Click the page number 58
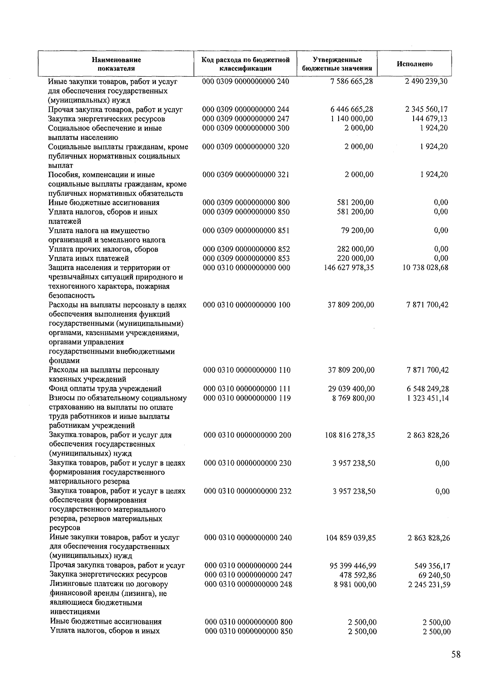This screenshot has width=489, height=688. tap(456, 655)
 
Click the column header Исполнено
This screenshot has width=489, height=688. tap(414, 64)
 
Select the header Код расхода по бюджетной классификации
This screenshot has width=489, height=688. tap(245, 64)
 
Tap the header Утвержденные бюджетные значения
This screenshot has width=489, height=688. tap(337, 64)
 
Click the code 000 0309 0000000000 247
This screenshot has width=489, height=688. tap(246, 119)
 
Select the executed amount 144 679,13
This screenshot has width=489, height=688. tap(430, 119)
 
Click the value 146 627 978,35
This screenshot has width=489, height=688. tap(349, 268)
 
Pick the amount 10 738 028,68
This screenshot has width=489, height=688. tap(425, 268)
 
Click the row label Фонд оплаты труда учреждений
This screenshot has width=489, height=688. tap(105, 389)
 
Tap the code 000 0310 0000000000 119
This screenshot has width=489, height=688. tap(247, 398)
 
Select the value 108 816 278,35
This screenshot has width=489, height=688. tap(350, 435)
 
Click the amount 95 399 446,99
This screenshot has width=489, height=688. tap(352, 566)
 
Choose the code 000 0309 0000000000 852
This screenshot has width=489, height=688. tap(246, 249)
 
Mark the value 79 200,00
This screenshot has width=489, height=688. tap(357, 230)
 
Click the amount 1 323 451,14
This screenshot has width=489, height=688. tap(427, 398)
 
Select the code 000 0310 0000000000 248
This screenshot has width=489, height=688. tap(248, 584)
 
